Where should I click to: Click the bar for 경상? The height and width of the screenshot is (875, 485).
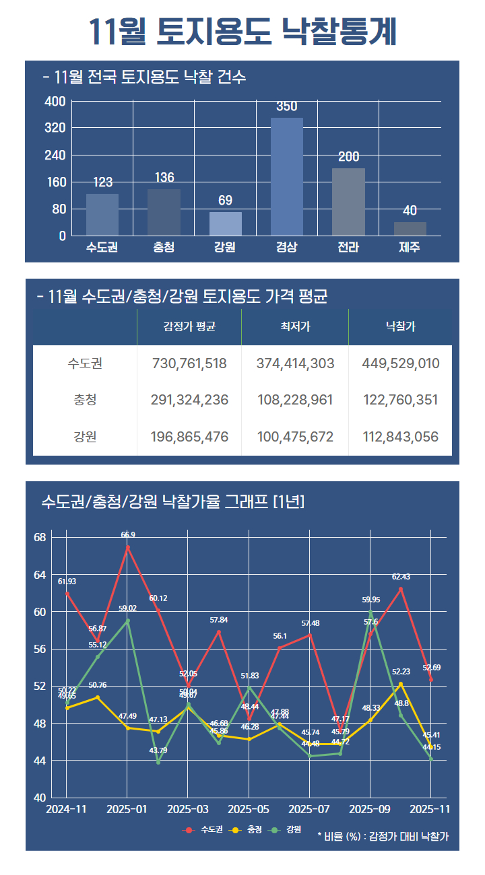click(286, 176)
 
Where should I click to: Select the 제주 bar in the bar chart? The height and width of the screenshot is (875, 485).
click(410, 229)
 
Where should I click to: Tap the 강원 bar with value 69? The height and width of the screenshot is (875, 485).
click(225, 223)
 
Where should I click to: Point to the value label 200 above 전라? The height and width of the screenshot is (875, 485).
click(348, 157)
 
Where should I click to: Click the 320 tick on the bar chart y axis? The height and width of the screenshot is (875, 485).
click(55, 128)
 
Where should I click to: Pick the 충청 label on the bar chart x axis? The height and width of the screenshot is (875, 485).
click(164, 247)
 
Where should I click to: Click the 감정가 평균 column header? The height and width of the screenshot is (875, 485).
click(189, 327)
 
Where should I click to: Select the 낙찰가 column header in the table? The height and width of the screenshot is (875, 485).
click(400, 327)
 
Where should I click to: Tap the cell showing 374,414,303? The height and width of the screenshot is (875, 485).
click(295, 364)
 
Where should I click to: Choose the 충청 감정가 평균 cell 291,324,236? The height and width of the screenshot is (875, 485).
click(189, 400)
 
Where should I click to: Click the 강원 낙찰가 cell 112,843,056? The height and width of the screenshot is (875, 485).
click(400, 437)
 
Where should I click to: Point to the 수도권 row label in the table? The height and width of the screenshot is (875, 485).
click(85, 364)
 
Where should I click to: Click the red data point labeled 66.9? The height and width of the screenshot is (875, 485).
click(128, 547)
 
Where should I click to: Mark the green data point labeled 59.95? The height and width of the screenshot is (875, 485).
click(370, 612)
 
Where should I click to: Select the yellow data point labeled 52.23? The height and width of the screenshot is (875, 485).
click(401, 684)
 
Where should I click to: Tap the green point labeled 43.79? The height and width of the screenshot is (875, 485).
click(158, 762)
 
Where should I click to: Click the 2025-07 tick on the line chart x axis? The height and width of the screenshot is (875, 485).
click(310, 809)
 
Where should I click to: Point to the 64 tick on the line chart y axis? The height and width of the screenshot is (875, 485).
click(39, 575)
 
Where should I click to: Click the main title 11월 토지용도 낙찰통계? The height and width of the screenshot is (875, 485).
click(243, 31)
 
